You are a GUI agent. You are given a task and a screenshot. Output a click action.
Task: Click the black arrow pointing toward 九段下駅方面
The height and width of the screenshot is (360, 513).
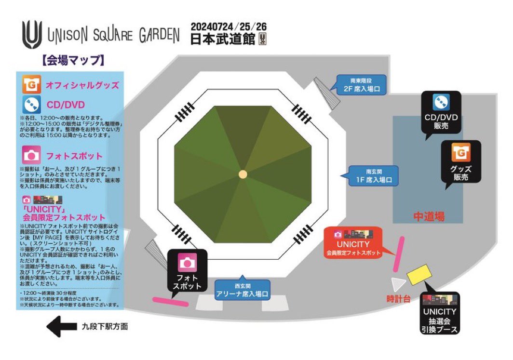[x=60, y=327]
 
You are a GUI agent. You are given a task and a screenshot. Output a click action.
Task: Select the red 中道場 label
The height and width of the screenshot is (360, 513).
[x=429, y=216]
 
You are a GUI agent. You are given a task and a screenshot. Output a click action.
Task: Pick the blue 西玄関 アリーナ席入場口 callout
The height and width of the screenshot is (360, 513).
[x=242, y=289]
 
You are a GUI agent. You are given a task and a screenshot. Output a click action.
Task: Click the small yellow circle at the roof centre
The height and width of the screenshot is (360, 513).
[x=243, y=174]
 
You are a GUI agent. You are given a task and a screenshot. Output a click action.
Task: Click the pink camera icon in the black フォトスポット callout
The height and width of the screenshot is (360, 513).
[x=188, y=263]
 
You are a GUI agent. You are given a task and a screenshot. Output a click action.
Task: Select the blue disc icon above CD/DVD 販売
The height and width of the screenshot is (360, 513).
[x=441, y=102]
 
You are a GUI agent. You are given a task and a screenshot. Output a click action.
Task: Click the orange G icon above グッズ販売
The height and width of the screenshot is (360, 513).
[x=460, y=153]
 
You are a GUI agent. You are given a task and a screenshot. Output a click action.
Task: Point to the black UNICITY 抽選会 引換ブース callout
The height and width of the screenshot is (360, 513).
[x=439, y=314]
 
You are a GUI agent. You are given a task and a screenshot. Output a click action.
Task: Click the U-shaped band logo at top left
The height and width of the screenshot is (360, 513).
[x=32, y=35]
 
